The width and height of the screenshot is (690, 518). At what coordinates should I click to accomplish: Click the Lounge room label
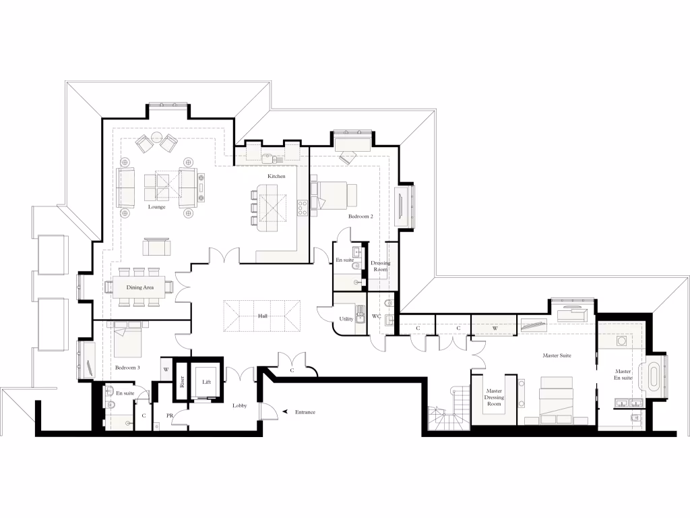(157, 207)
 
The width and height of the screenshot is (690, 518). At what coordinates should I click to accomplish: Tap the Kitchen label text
(276, 176)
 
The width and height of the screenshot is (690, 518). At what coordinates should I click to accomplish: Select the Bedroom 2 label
(360, 217)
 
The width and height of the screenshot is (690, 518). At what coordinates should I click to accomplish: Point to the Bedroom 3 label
(127, 368)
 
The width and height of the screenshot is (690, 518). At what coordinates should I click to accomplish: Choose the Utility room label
(346, 318)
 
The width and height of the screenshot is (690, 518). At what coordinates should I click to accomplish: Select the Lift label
(207, 382)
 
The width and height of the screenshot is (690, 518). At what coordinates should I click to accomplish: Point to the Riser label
(181, 382)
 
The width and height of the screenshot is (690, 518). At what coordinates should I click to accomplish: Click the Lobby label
(240, 405)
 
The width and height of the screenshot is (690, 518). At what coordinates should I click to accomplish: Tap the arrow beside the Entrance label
(286, 411)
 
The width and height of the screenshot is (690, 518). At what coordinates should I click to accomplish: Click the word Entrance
(305, 411)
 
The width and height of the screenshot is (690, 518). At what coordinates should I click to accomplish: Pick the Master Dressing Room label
(495, 397)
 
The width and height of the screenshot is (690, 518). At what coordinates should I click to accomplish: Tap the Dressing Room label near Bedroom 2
(381, 266)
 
